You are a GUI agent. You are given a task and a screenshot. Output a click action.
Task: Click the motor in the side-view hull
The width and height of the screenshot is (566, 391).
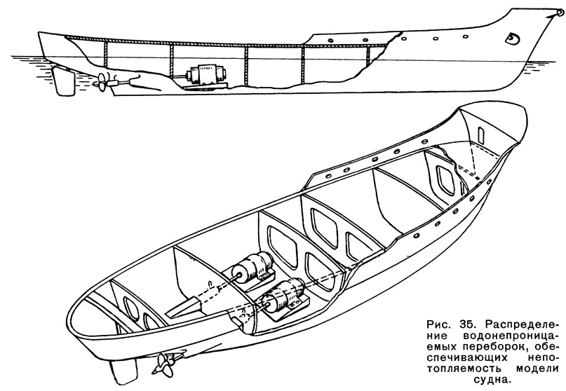pyautogui.click(x=206, y=75)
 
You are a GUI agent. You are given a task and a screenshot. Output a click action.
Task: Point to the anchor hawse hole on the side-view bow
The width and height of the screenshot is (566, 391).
pyautogui.click(x=512, y=37)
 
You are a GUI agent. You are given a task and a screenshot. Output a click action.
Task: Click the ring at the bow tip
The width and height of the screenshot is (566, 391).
pyautogui.click(x=560, y=13)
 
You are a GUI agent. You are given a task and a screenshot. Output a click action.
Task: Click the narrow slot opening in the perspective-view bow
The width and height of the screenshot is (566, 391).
pyautogui.click(x=480, y=135)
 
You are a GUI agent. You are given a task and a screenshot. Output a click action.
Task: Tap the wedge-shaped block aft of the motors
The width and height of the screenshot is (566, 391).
pyautogui.click(x=183, y=307)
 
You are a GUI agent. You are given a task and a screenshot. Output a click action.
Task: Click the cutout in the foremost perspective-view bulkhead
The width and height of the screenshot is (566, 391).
pyautogui.click(x=445, y=179)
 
